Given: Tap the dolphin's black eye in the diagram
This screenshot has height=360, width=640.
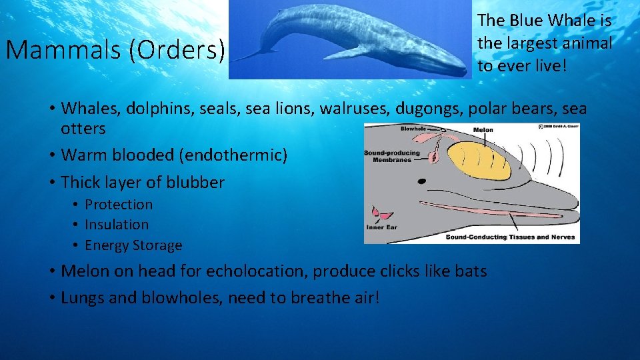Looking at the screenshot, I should tap(420, 181).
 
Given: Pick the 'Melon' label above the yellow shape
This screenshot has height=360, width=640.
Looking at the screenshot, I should tap(483, 130).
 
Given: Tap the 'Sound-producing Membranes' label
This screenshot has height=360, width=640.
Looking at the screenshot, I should tap(392, 157).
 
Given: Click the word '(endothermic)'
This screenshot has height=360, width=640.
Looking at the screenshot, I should tap(233, 155).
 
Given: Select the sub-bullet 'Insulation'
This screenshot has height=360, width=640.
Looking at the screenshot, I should tap(117, 225).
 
